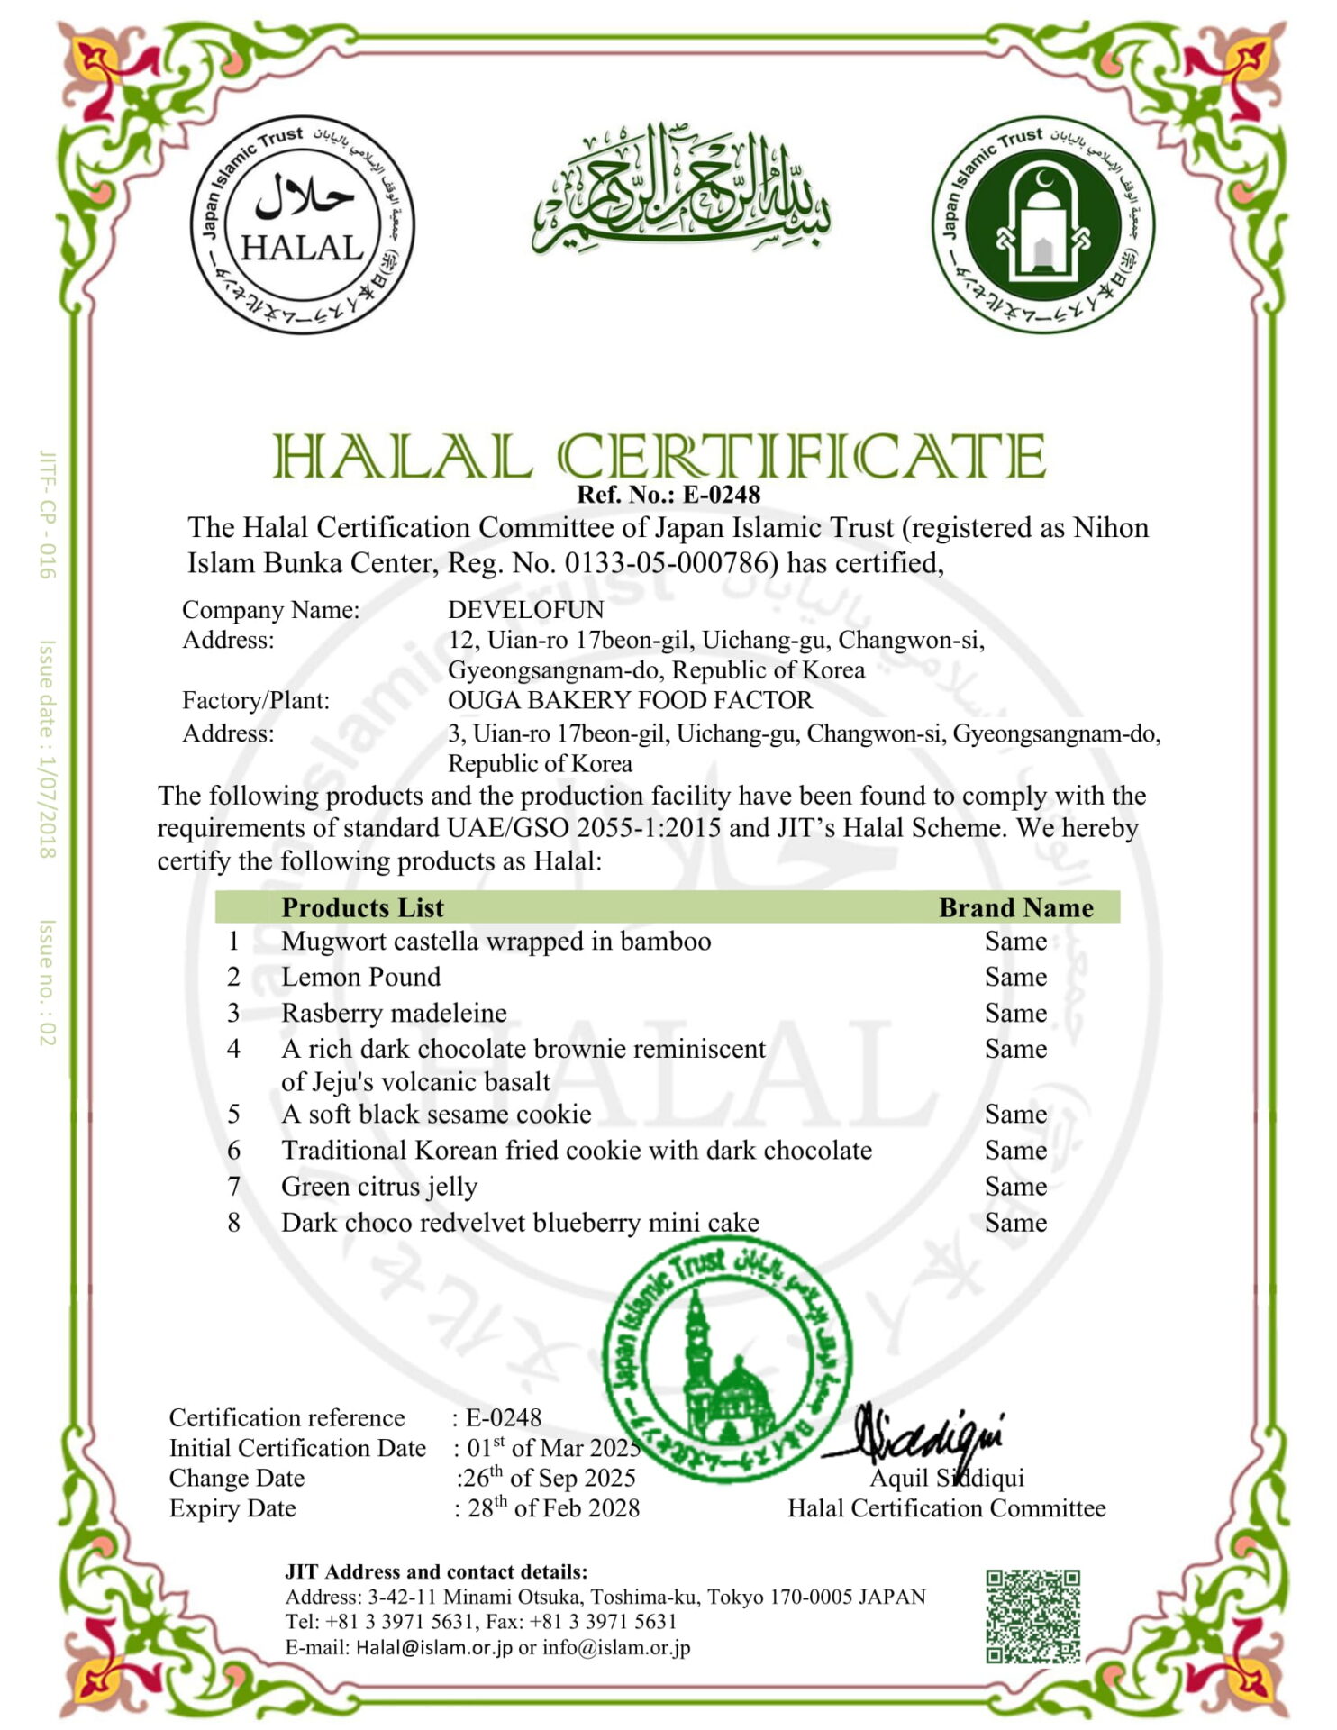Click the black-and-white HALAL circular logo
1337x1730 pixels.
(302, 224)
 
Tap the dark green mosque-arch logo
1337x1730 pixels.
(1042, 224)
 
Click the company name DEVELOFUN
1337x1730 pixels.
(525, 610)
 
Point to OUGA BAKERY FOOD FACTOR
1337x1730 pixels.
(630, 700)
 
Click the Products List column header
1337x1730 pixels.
(362, 907)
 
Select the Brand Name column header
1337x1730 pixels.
(1015, 907)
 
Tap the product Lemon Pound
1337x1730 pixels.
(360, 977)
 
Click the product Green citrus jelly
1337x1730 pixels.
(379, 1187)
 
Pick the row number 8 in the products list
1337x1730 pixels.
(233, 1223)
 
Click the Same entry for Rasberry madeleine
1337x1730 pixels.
(1015, 1013)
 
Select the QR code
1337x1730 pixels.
(1032, 1616)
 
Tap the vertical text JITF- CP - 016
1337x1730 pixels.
(47, 514)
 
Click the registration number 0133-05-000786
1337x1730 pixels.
(670, 563)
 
